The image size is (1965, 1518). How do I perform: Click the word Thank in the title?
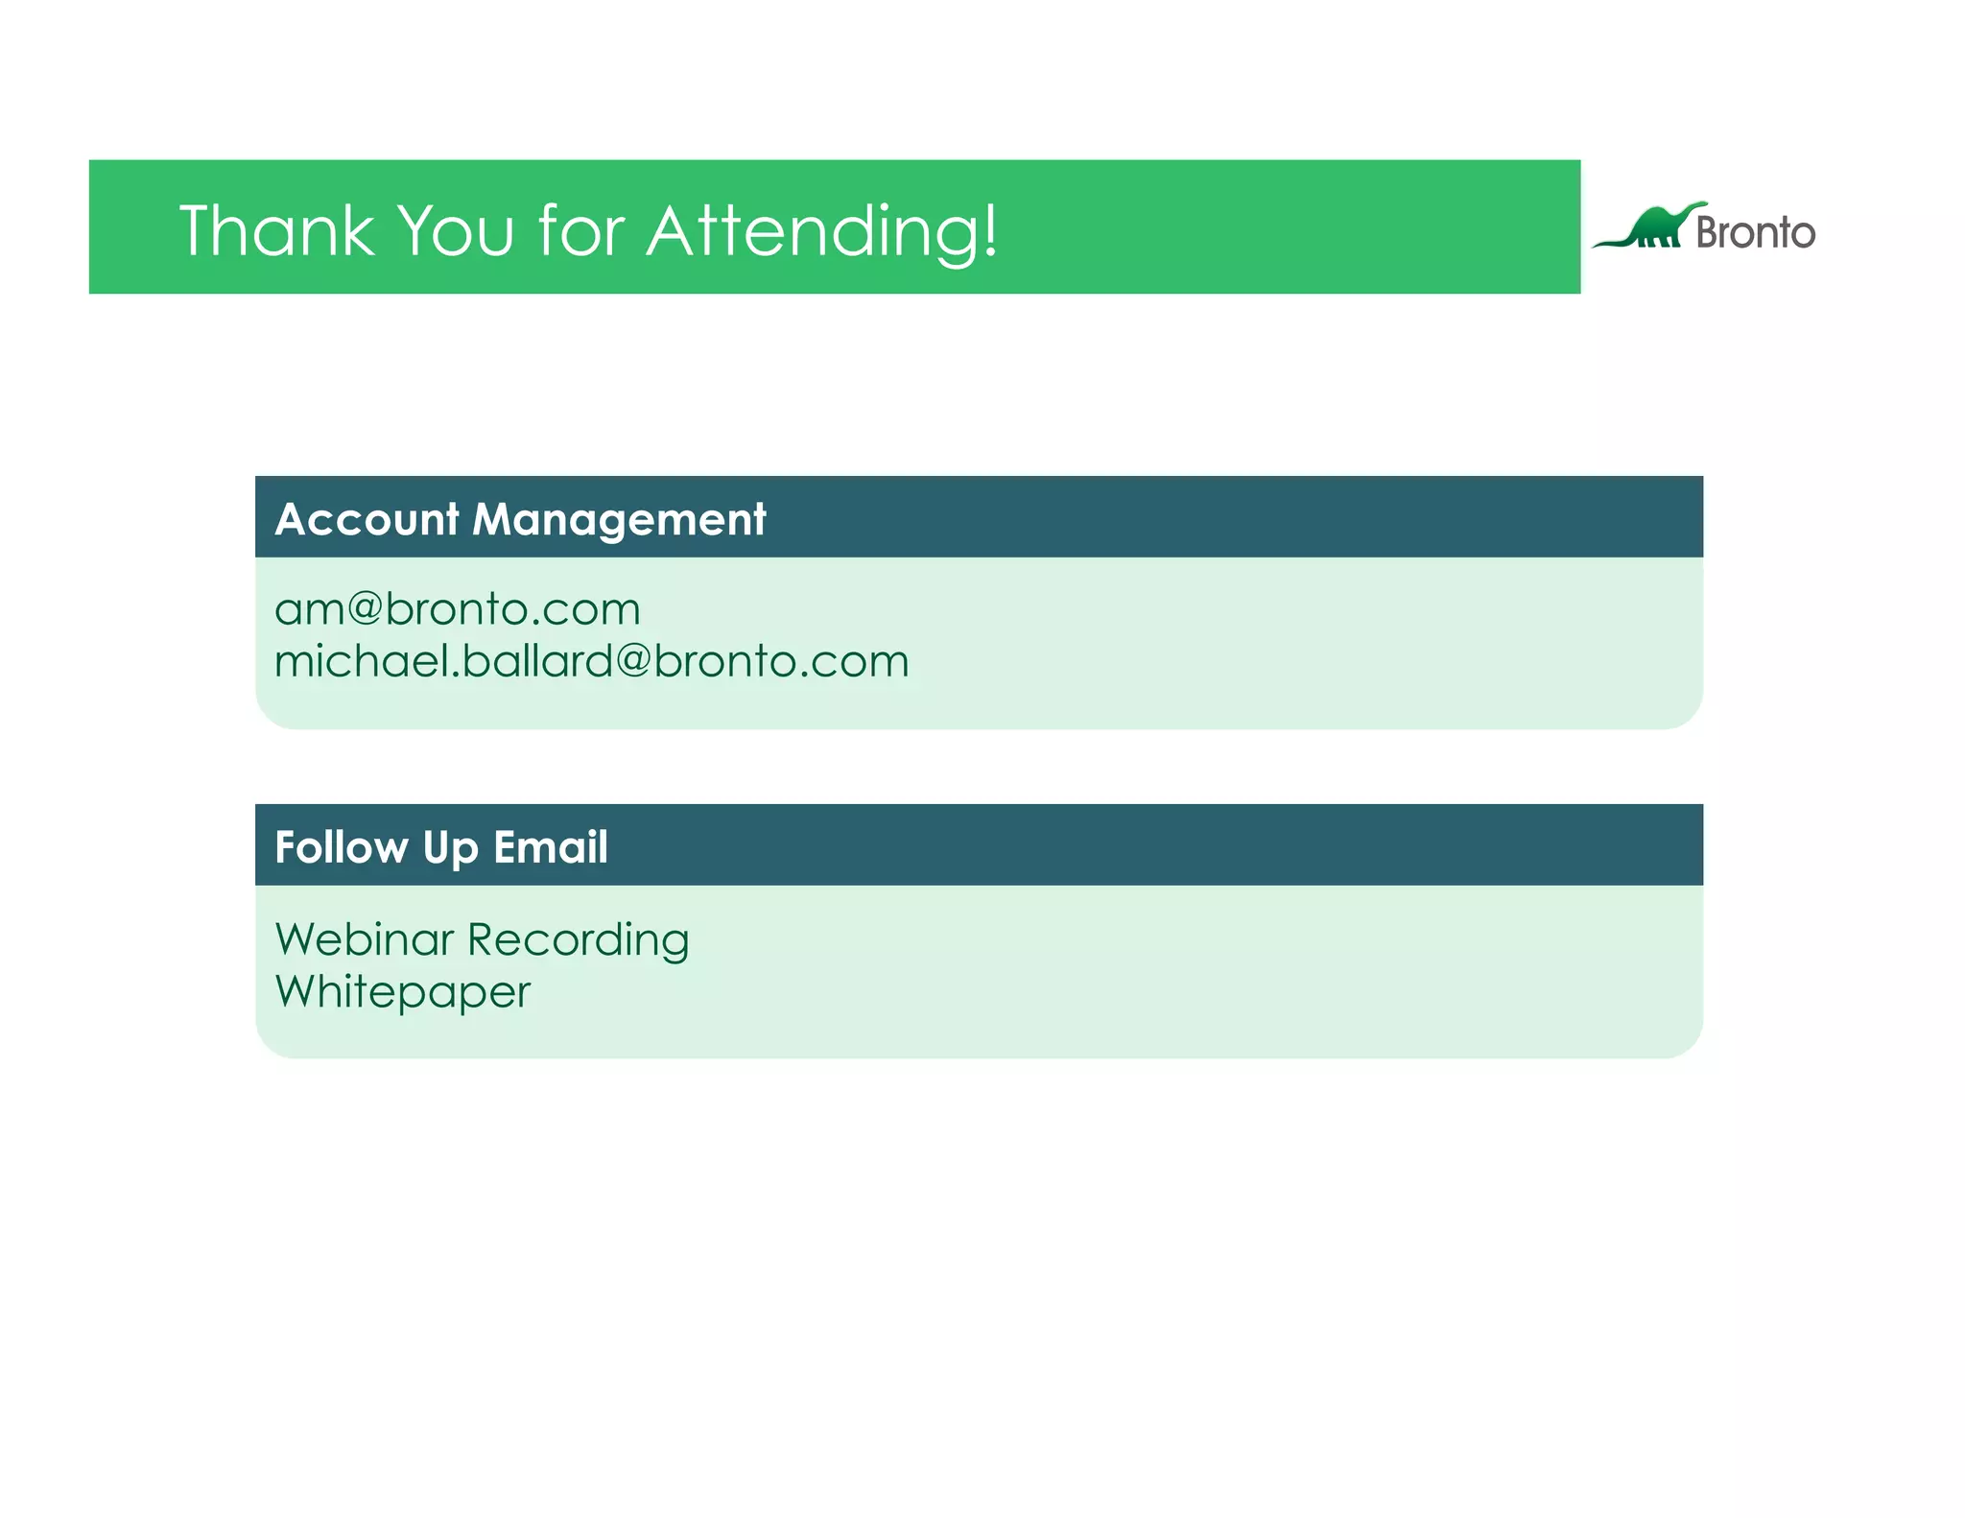[x=276, y=231]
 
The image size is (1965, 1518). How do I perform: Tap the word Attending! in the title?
[x=821, y=231]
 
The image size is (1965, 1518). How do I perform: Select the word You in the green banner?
[x=456, y=231]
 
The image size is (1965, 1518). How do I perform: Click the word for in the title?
[x=581, y=231]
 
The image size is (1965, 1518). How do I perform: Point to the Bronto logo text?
[x=1755, y=233]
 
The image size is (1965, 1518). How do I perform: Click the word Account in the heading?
[x=367, y=520]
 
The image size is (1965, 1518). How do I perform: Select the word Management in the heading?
[x=619, y=520]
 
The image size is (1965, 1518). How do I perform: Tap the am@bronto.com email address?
[x=457, y=609]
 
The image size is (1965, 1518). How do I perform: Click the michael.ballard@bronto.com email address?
[x=591, y=661]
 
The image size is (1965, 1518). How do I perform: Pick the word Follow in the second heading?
[x=342, y=847]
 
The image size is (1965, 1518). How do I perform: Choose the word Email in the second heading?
[x=550, y=847]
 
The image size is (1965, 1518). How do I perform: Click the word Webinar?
[x=364, y=939]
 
